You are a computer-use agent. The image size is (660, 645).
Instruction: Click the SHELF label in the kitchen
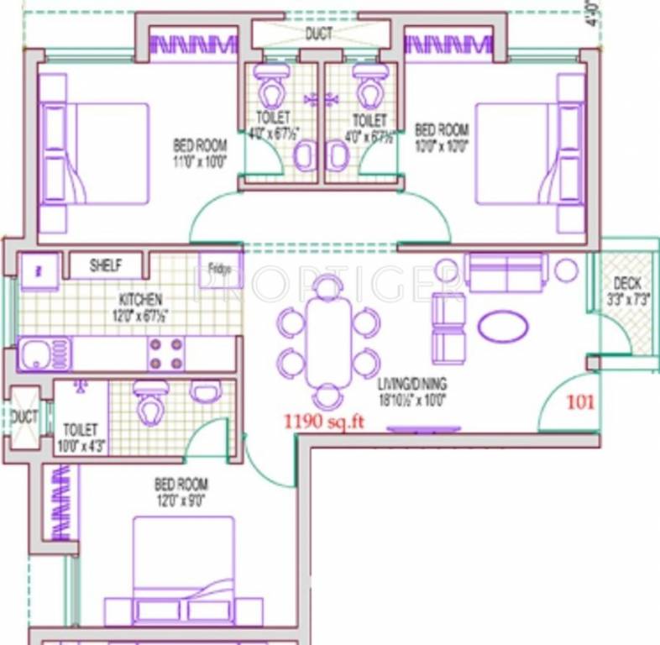tap(106, 266)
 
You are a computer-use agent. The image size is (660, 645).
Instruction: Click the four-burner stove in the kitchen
tap(165, 354)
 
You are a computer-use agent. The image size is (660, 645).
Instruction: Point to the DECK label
tap(627, 283)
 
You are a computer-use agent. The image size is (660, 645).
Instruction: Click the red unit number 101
tap(580, 401)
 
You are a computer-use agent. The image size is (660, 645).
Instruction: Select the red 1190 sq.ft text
tap(323, 421)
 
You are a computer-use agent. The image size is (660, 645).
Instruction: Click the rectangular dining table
tap(328, 341)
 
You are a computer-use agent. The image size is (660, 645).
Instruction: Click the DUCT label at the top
tap(318, 34)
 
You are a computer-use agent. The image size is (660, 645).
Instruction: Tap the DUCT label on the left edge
tap(23, 416)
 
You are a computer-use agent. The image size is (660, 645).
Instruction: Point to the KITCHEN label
tap(139, 300)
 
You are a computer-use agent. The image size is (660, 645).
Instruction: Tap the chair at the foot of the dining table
tap(327, 396)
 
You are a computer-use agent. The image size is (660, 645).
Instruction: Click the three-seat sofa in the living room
tap(505, 271)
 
